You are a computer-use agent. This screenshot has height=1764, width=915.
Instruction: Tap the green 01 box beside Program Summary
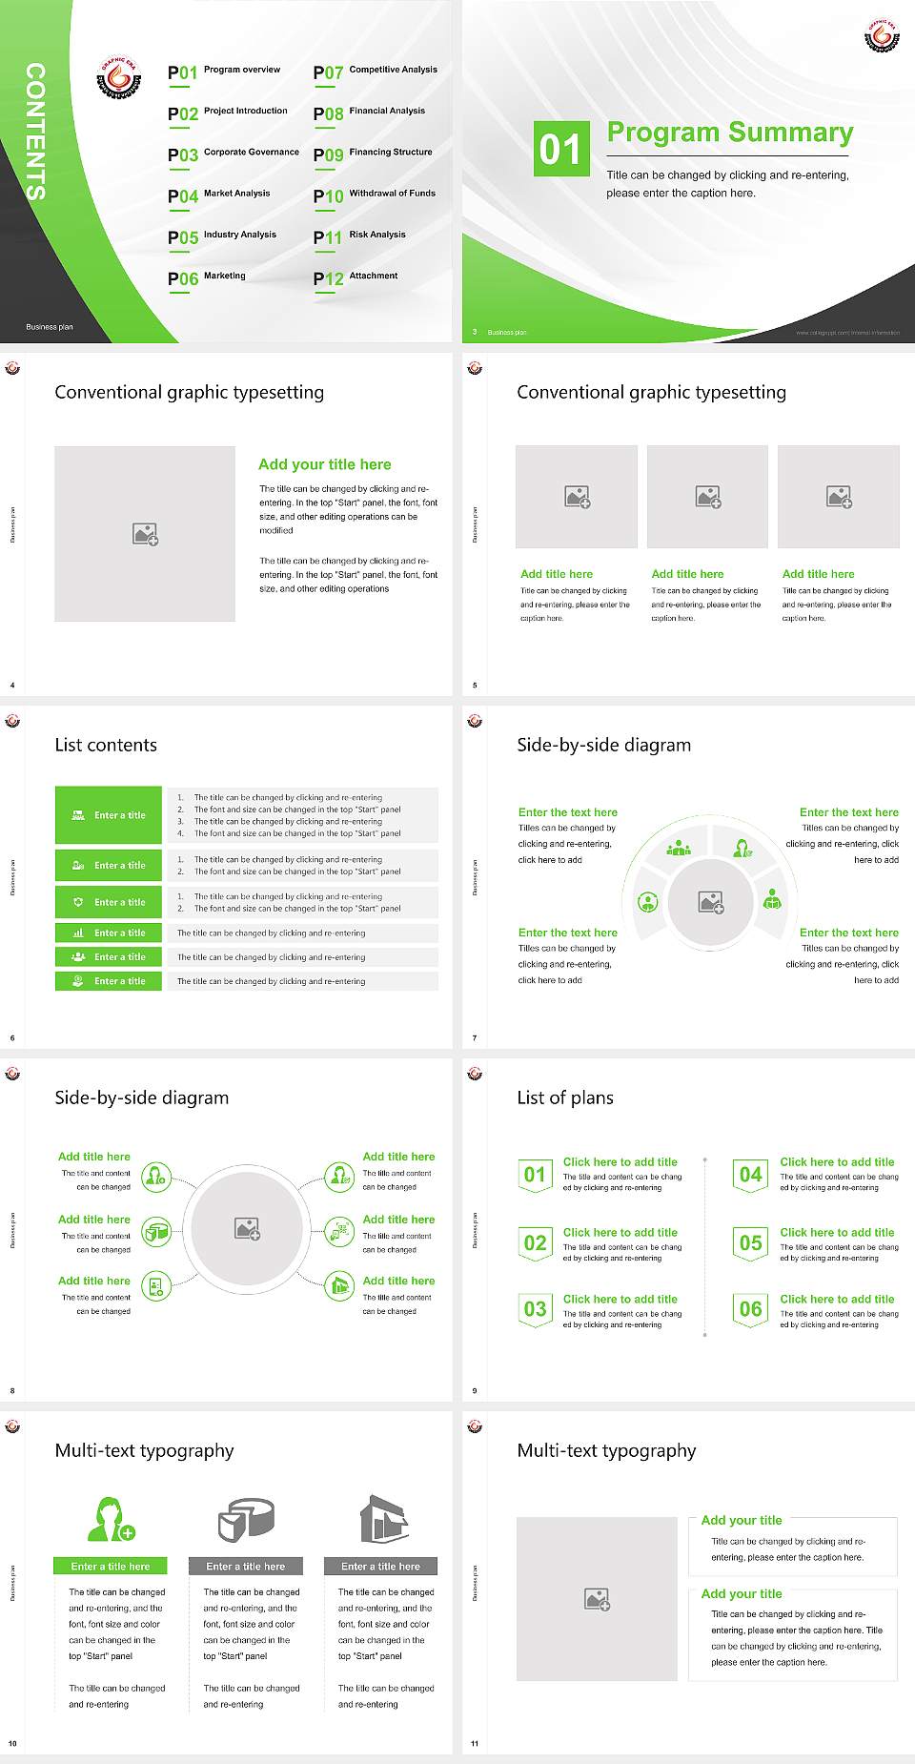[560, 149]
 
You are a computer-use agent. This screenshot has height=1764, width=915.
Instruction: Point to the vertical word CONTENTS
[35, 132]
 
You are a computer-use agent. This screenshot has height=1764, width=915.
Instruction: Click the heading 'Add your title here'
[324, 464]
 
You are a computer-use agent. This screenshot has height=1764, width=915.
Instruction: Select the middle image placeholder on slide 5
[707, 497]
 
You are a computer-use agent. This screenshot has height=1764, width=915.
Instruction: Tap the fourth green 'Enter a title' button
[109, 933]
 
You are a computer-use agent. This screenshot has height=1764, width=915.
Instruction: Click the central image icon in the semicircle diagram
[710, 902]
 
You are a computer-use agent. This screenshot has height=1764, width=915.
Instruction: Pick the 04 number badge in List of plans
[751, 1175]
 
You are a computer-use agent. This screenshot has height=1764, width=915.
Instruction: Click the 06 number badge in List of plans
[751, 1309]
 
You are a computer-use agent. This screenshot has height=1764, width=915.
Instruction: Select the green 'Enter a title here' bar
[110, 1566]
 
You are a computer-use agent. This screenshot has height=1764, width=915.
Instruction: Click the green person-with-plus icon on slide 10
[111, 1520]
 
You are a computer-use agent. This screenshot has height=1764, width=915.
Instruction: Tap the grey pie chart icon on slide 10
[246, 1519]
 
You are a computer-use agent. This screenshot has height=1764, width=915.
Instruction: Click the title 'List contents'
[106, 745]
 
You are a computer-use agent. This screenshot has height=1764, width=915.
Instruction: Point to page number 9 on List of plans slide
[475, 1390]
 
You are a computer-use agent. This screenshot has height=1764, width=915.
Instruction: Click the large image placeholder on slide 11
[597, 1599]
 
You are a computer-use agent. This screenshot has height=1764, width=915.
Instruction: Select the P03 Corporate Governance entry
[233, 154]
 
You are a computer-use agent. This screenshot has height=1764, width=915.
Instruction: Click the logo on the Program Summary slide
[882, 35]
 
